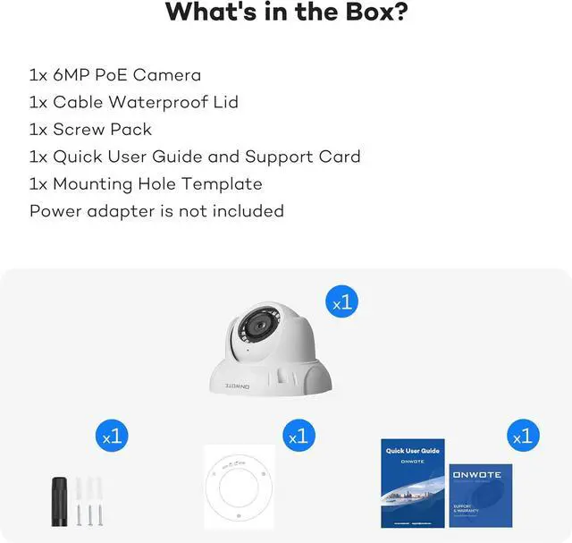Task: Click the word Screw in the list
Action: coord(78,129)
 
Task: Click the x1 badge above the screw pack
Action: coord(113,437)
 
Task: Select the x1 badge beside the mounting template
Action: coord(299,437)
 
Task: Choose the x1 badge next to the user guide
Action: coord(525,437)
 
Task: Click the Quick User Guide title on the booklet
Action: coord(412,451)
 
